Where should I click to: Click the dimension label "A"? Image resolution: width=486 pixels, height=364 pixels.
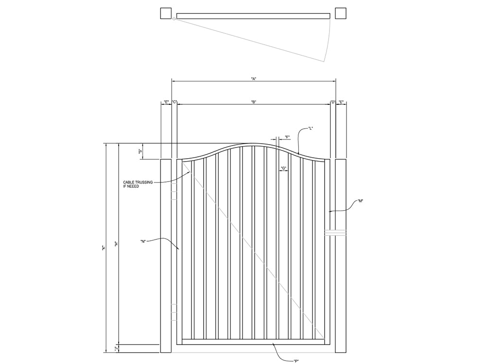pos(254,79)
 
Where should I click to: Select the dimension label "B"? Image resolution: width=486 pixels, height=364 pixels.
pos(254,102)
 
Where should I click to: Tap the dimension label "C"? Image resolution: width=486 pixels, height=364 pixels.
pos(174,102)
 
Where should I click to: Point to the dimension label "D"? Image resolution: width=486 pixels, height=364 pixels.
pos(333,102)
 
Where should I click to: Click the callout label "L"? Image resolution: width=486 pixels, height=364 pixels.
pos(310,128)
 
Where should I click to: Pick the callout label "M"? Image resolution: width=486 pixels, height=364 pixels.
pos(360,201)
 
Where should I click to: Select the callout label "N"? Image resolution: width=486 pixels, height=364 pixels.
pos(143,241)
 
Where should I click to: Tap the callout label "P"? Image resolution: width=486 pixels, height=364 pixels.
pos(296,361)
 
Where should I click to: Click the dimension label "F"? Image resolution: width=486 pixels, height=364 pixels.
pos(287,137)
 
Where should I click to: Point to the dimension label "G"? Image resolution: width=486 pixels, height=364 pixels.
pos(283,168)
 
